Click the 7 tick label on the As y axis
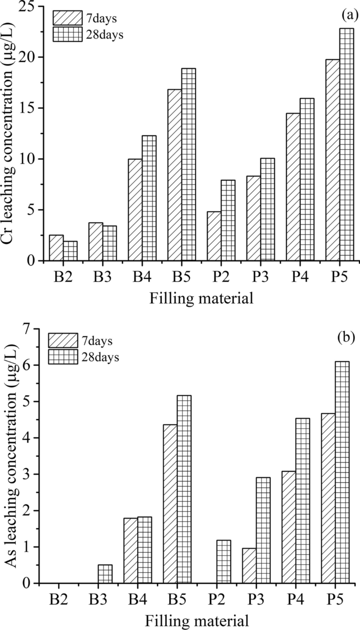[x=35, y=329]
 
